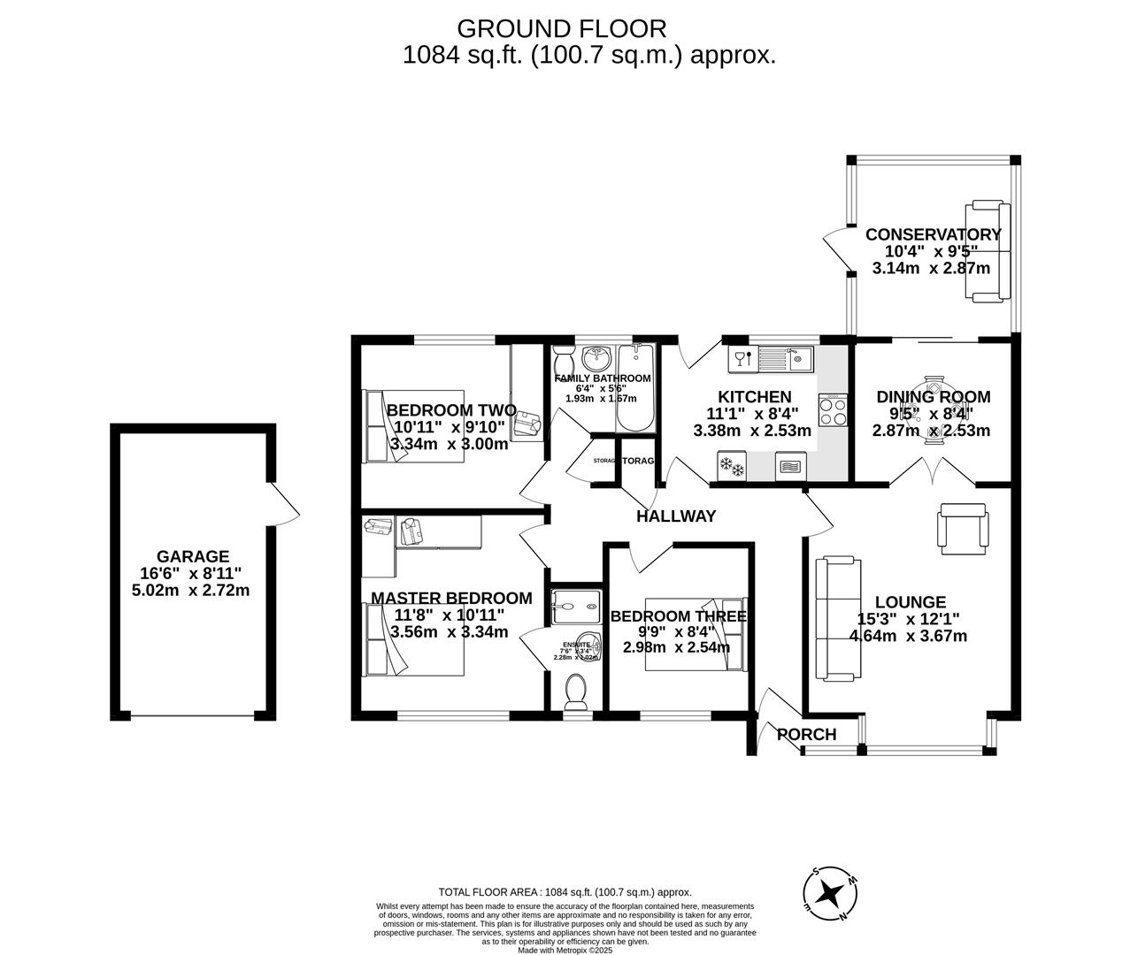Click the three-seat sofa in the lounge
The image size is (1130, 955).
837,619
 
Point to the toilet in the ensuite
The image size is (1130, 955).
576,691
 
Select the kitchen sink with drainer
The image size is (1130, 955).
784,359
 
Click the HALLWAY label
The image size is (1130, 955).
676,516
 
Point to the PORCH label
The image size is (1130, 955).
806,734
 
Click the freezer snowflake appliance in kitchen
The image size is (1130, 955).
732,464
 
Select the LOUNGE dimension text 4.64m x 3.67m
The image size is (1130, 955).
908,636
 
